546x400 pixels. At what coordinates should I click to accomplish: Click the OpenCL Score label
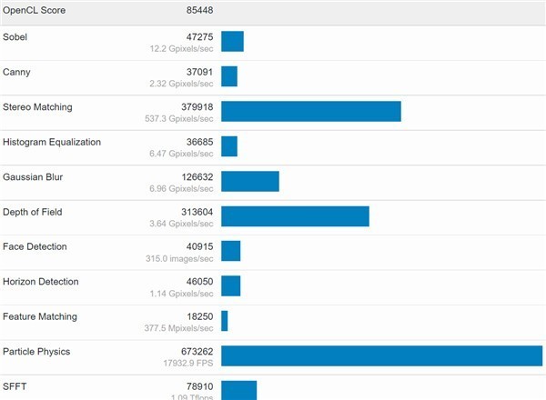tap(34, 10)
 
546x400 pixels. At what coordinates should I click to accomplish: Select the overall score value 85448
tap(196, 10)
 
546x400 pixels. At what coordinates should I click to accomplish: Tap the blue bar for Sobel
tap(232, 42)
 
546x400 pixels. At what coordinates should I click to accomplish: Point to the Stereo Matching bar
tap(310, 111)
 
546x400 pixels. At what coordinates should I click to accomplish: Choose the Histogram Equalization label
tap(52, 142)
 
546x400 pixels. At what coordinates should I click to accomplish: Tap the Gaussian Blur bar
tap(249, 181)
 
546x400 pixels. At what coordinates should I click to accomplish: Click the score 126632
tap(193, 176)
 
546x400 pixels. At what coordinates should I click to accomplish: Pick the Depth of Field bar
tap(295, 215)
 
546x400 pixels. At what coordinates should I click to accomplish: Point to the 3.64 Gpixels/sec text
tap(182, 224)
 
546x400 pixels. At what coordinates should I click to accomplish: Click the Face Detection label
tap(35, 246)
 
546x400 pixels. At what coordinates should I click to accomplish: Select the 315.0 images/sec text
tap(182, 259)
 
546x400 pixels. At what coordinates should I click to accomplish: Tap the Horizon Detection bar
tap(230, 285)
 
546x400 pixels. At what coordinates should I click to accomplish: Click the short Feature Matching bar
tap(224, 320)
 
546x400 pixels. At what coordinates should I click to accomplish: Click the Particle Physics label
tap(36, 351)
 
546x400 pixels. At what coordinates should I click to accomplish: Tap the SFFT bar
tap(238, 389)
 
